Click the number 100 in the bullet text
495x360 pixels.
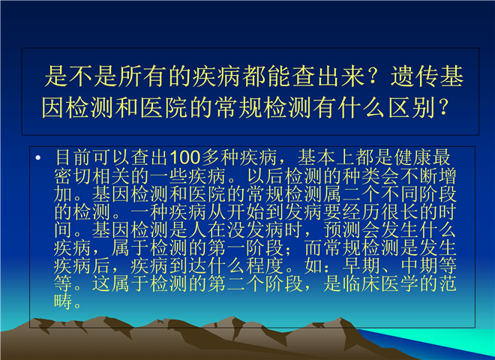(x=185, y=157)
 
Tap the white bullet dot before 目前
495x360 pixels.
(x=38, y=157)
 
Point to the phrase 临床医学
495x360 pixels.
(x=380, y=283)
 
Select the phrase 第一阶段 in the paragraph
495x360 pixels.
(x=245, y=248)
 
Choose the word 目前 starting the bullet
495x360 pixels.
(x=73, y=157)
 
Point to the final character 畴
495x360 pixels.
(x=63, y=301)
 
